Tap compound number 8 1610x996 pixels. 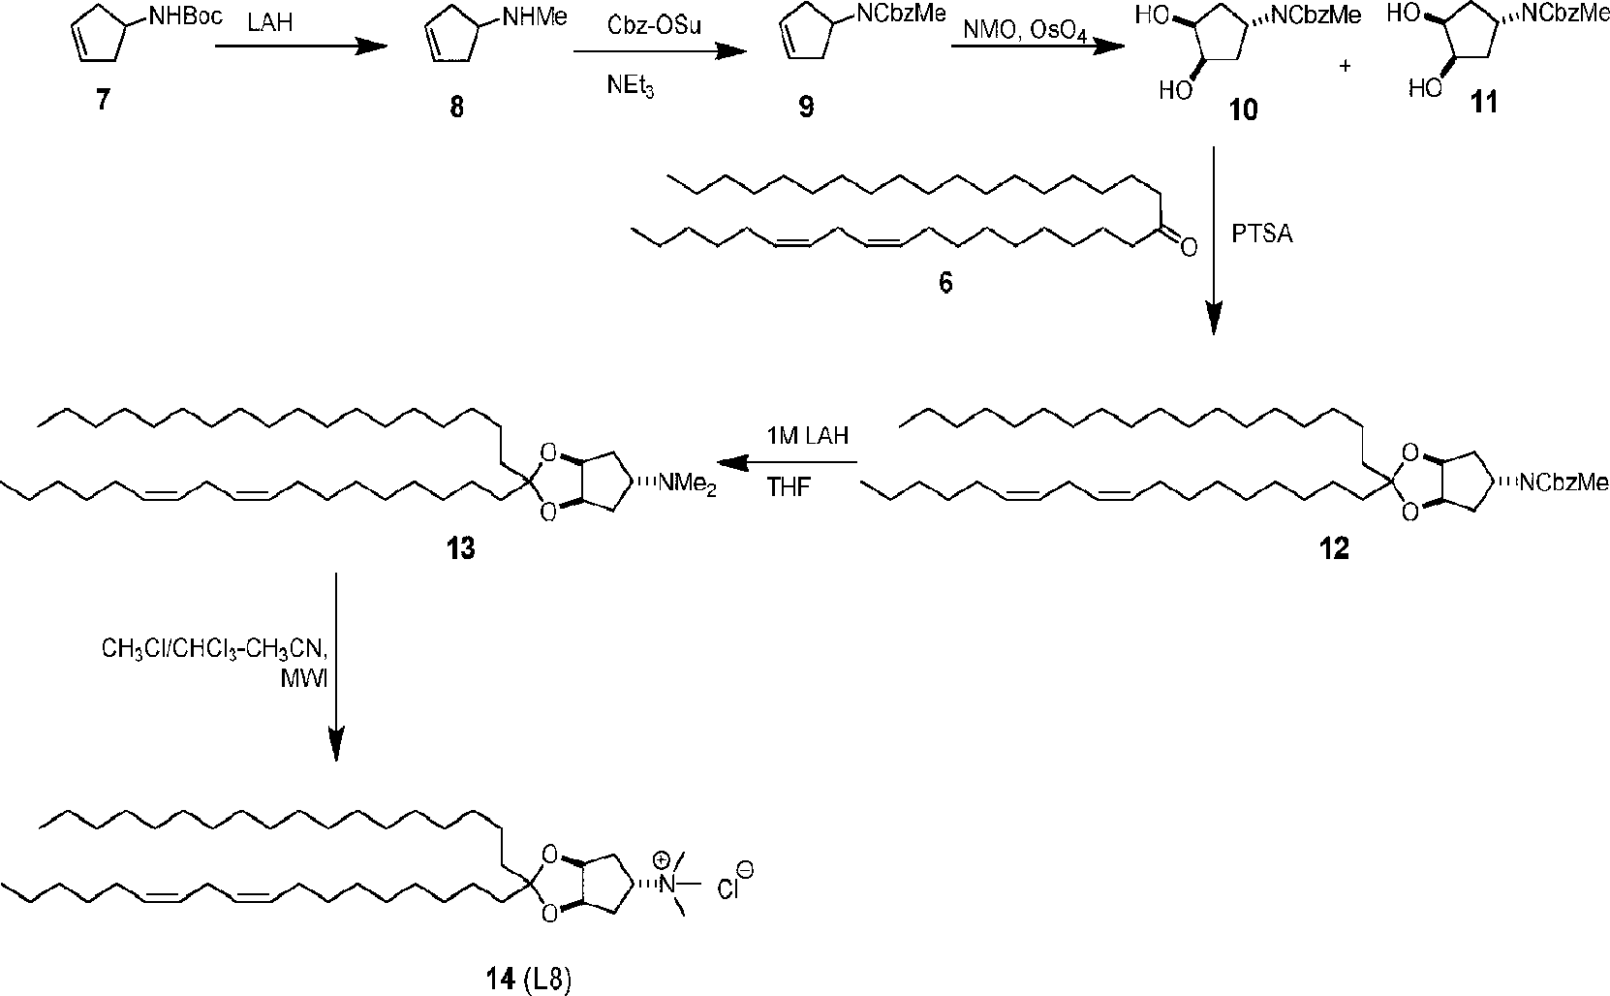click(x=455, y=107)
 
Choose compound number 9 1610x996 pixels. click(x=806, y=107)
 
